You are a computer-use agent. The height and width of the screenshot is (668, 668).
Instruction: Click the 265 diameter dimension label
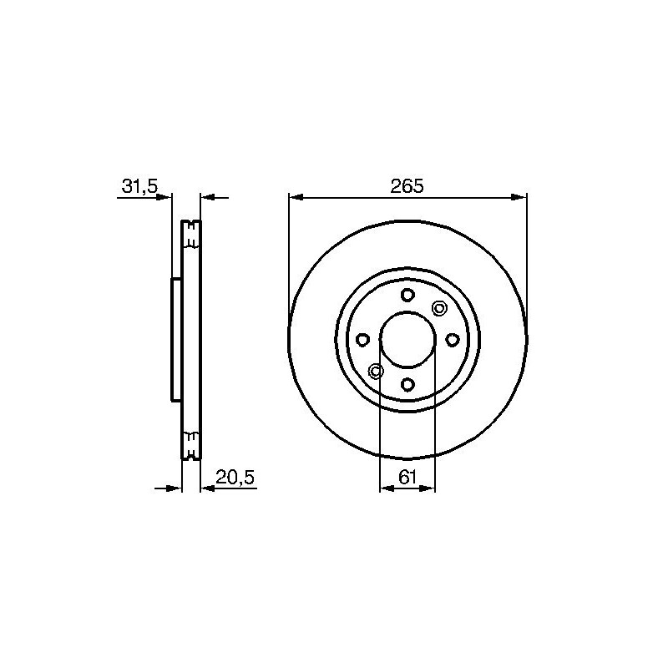[x=407, y=186]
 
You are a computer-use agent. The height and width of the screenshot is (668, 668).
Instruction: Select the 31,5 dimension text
[x=139, y=186]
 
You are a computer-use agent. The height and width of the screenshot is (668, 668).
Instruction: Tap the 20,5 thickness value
[x=235, y=478]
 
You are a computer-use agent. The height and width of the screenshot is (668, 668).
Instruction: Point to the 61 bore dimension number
[x=407, y=477]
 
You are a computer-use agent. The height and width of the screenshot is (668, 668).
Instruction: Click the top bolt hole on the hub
[x=407, y=295]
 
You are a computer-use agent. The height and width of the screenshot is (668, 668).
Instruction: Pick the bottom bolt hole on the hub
[x=407, y=384]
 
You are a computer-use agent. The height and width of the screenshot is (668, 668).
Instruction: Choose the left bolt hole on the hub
[x=362, y=340]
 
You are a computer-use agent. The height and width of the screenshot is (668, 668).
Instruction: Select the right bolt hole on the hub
[x=453, y=340]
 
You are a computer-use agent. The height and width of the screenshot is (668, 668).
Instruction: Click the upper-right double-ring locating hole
[x=439, y=307]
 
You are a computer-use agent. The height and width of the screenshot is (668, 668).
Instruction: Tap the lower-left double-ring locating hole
[x=376, y=371]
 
